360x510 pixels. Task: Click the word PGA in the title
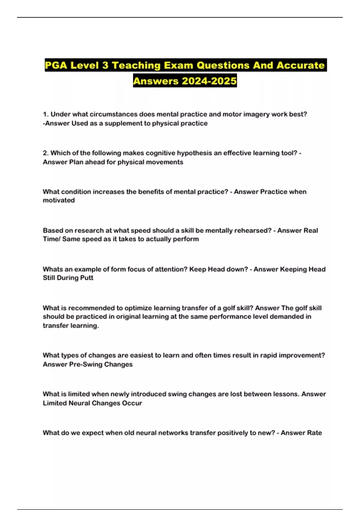(56, 65)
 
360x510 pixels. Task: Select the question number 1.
(46, 114)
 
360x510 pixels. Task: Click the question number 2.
(46, 153)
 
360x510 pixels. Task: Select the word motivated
(59, 200)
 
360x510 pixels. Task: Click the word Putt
(87, 278)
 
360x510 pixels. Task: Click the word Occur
(133, 403)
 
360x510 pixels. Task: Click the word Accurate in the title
(300, 65)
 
